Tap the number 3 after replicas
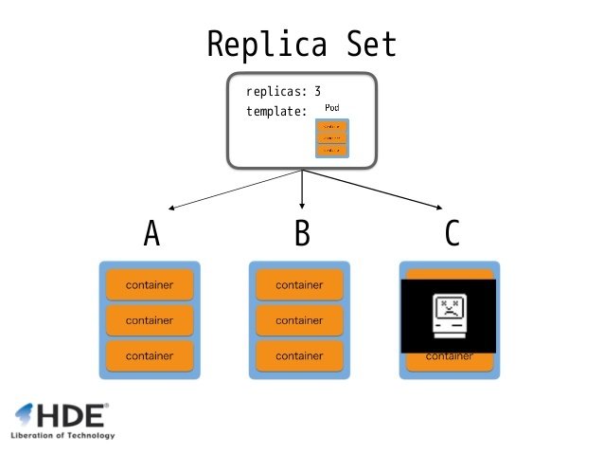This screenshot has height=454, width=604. pyautogui.click(x=318, y=92)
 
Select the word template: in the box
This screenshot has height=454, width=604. pyautogui.click(x=276, y=111)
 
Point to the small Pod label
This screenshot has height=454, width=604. pyautogui.click(x=331, y=109)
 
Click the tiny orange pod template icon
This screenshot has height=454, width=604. pyautogui.click(x=331, y=138)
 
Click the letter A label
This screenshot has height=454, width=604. pyautogui.click(x=151, y=233)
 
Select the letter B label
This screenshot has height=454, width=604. pyautogui.click(x=302, y=233)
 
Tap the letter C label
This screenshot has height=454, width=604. pyautogui.click(x=452, y=233)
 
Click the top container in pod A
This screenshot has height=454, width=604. pyautogui.click(x=150, y=285)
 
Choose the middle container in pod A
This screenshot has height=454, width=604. pyautogui.click(x=150, y=320)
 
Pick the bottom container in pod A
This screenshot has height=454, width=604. pyautogui.click(x=150, y=355)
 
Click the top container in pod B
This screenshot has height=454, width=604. pyautogui.click(x=299, y=285)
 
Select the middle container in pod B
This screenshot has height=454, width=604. pyautogui.click(x=299, y=320)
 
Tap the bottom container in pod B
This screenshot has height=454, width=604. pyautogui.click(x=299, y=355)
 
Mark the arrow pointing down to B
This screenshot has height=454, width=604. pyautogui.click(x=302, y=190)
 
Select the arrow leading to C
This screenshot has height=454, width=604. pyautogui.click(x=374, y=191)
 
